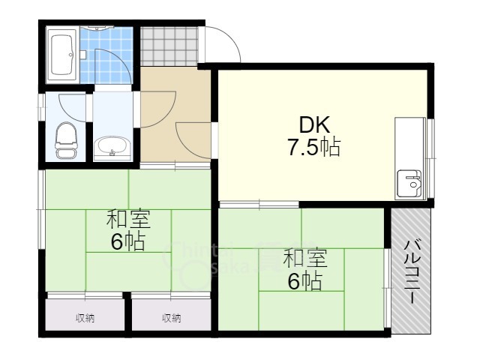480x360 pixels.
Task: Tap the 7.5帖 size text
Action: coord(314,147)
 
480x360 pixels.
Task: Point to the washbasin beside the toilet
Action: coord(112,147)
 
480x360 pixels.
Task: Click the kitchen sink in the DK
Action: coord(410,182)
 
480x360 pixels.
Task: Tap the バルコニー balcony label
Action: coord(412,270)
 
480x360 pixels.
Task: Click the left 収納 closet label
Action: coord(85,318)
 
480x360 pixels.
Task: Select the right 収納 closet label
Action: coord(172,318)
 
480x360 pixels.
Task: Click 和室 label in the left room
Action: coord(128,220)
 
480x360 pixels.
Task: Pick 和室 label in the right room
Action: coord(304,259)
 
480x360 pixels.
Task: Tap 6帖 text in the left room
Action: coord(128,241)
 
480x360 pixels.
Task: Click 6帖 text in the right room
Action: coord(305,281)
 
